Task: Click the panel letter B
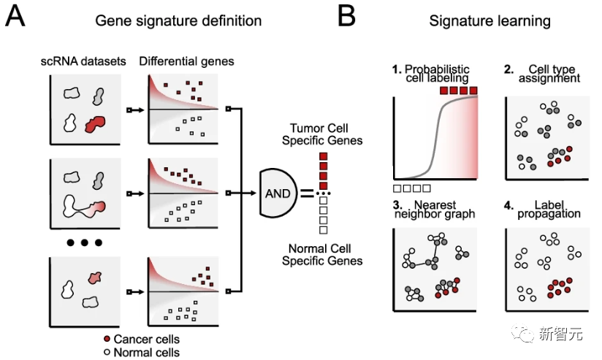click(346, 16)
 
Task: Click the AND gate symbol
click(278, 194)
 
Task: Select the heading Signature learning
click(489, 20)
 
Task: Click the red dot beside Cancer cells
click(107, 340)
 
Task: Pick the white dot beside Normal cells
click(107, 353)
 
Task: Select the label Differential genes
click(186, 61)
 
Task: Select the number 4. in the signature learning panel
click(508, 204)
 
